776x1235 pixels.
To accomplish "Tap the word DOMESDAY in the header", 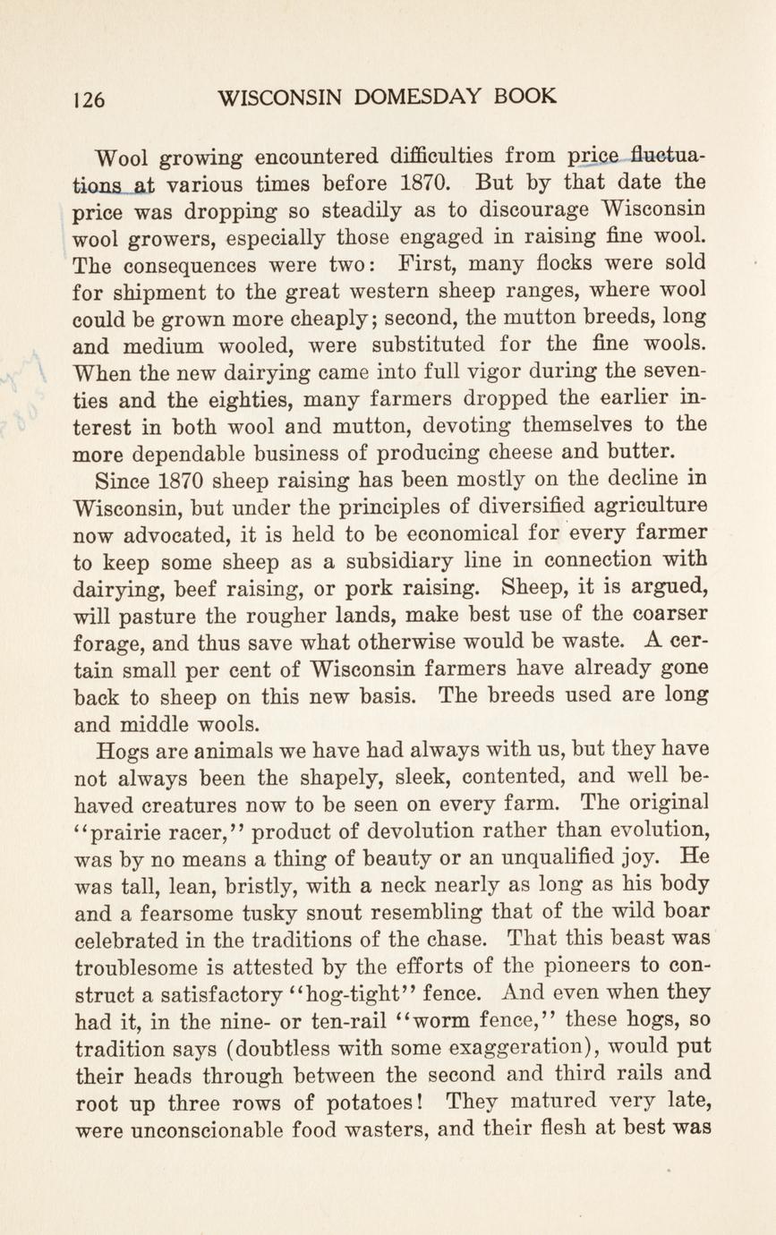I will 418,97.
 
